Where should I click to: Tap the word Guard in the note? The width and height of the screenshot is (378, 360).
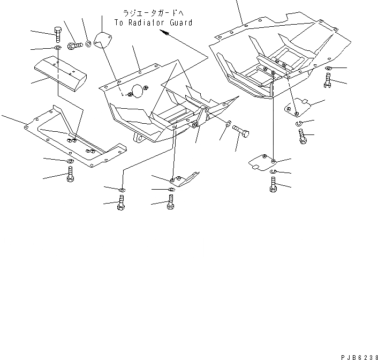coord(181,23)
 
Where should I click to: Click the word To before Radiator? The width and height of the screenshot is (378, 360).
coord(119,23)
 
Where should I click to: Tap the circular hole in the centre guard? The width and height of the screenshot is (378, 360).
coord(139,91)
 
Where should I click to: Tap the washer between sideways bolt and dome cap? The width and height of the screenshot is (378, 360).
coord(88,41)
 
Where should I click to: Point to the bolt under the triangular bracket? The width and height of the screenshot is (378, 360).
coord(171,202)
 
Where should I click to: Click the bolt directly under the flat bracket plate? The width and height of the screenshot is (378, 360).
coord(70,175)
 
